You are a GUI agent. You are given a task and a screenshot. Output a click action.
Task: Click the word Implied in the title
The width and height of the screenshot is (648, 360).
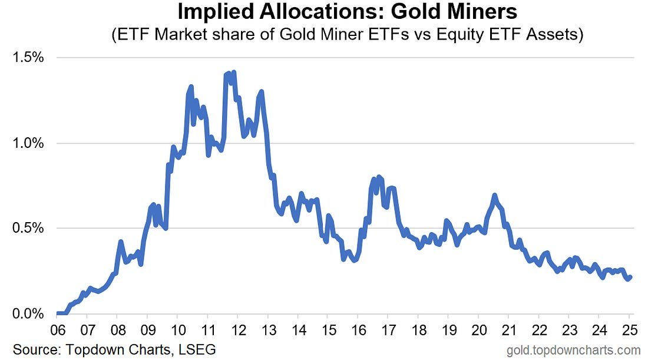[x=216, y=12]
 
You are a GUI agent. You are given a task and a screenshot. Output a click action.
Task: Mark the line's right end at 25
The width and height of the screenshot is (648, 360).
[x=630, y=276]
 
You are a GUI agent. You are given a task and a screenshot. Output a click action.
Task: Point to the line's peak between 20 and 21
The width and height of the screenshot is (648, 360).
[x=494, y=195]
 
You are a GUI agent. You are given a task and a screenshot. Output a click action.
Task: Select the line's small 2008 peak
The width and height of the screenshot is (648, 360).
[x=120, y=242]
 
